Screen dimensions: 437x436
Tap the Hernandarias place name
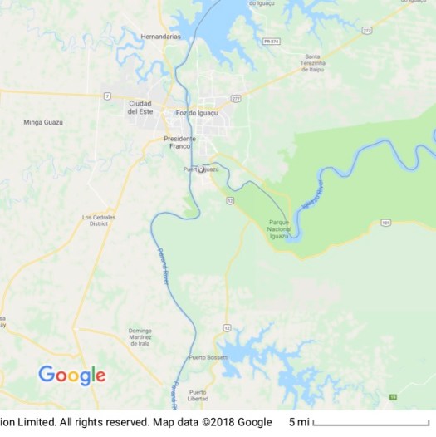[159, 37]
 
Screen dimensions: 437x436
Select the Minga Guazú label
[43, 122]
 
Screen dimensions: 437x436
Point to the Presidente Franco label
[179, 142]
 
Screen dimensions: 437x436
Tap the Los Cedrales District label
[99, 220]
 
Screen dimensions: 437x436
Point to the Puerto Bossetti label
[208, 357]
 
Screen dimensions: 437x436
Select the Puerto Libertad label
[198, 395]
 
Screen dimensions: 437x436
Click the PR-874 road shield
[269, 41]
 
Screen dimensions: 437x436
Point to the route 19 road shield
[393, 397]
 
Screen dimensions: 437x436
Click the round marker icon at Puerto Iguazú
[201, 169]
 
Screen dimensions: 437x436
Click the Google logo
[72, 376]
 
